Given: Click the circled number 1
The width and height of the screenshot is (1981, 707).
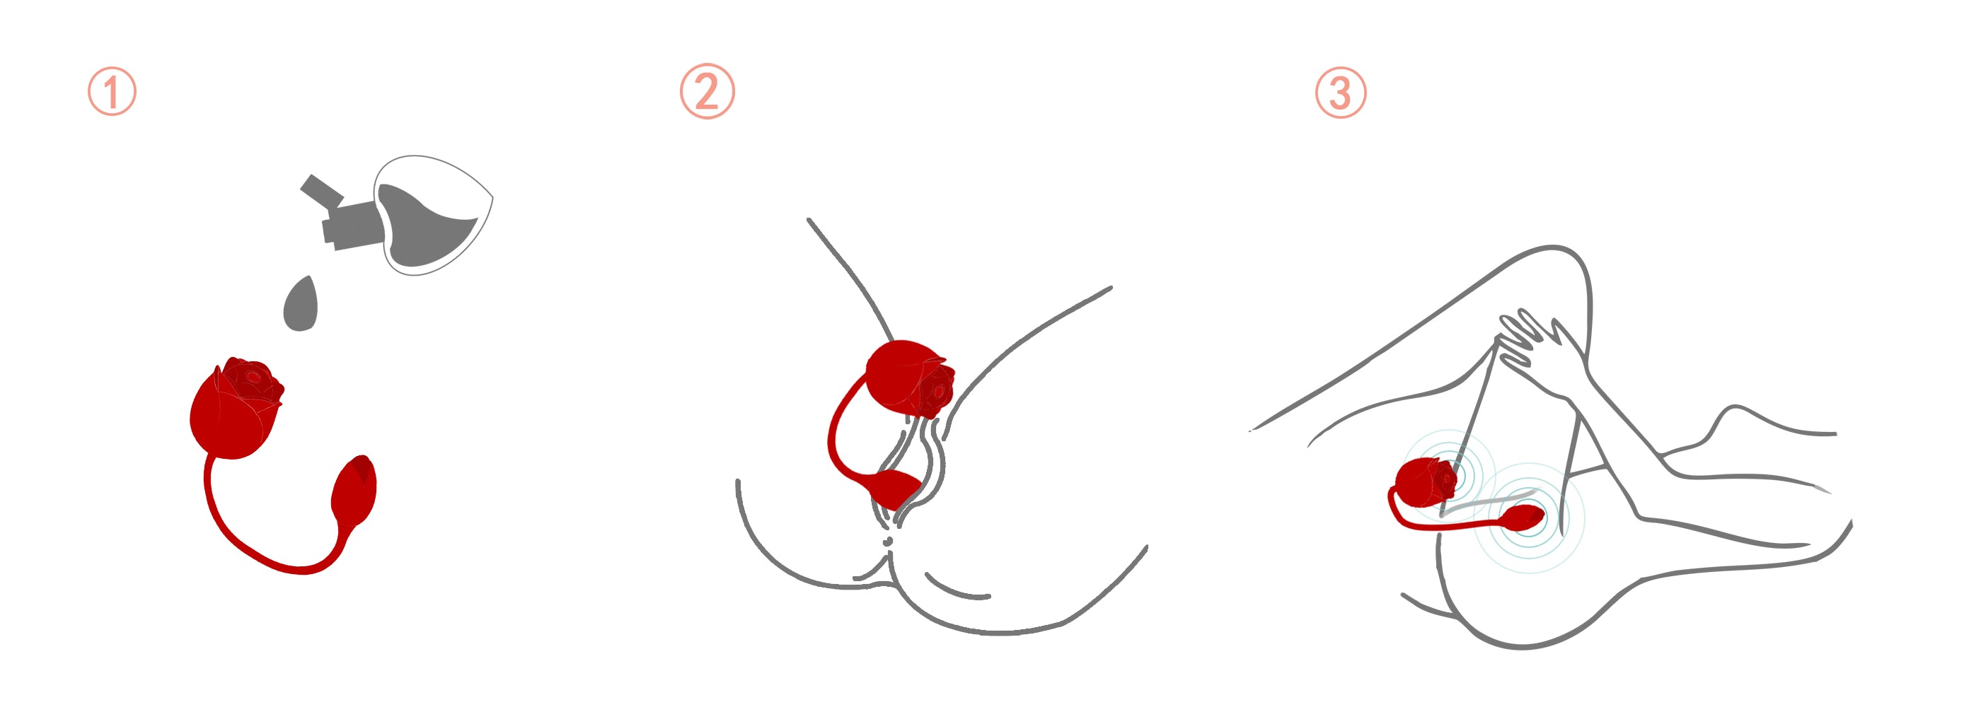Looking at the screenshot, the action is pos(112,91).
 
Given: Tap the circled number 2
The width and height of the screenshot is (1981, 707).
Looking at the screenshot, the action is pos(707,90).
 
